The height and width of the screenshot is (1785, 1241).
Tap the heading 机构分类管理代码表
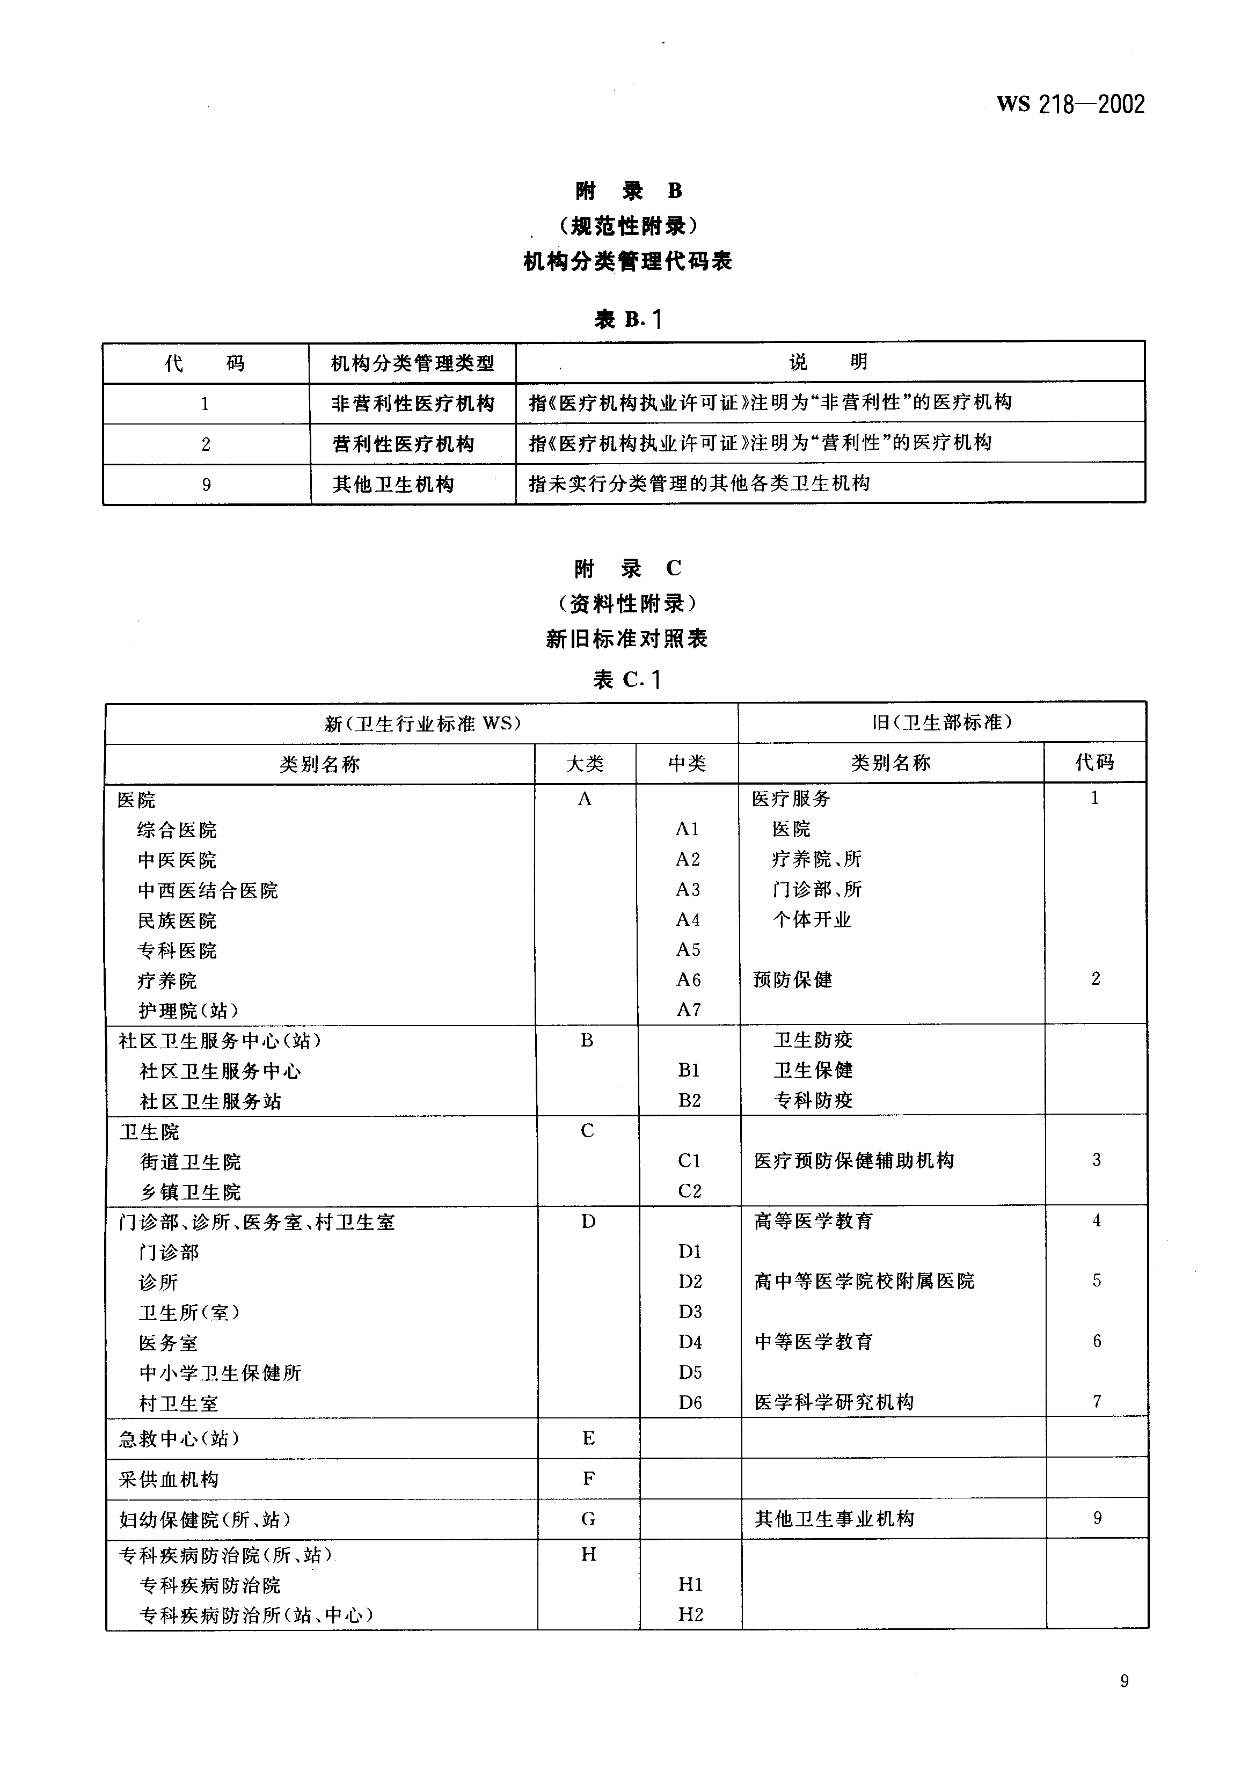tap(627, 261)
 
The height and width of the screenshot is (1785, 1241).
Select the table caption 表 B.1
tap(627, 319)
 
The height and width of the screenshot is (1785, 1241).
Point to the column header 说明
tap(828, 362)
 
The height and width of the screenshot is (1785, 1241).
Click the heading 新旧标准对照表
tap(627, 639)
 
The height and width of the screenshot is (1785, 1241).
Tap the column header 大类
tap(585, 764)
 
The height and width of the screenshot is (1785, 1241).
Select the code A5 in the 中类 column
tap(688, 950)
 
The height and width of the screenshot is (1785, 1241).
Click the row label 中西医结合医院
tap(208, 890)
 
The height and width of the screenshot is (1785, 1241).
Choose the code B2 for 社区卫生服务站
tap(689, 1101)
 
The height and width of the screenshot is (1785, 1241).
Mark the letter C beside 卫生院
tap(587, 1131)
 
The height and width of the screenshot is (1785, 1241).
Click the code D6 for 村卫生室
tap(690, 1402)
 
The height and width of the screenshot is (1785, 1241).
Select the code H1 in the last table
tap(690, 1584)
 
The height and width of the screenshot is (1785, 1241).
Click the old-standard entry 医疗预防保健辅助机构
tap(854, 1161)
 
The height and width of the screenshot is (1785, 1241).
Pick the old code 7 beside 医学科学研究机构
tap(1097, 1402)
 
